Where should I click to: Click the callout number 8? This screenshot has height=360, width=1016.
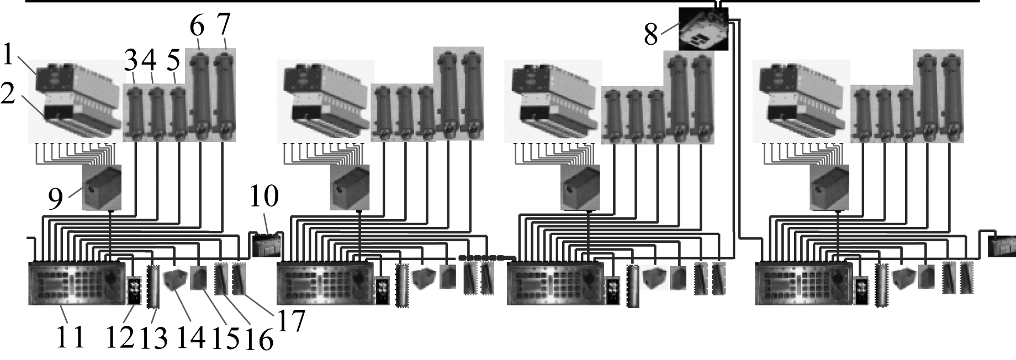tap(651, 34)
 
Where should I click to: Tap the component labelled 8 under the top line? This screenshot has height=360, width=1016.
tap(703, 28)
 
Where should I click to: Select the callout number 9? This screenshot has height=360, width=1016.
tap(55, 199)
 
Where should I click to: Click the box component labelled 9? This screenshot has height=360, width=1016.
tap(102, 187)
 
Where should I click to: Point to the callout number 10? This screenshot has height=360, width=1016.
tap(264, 196)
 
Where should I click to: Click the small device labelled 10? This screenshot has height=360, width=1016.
tap(266, 245)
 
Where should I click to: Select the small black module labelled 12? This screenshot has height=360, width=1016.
tap(134, 290)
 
